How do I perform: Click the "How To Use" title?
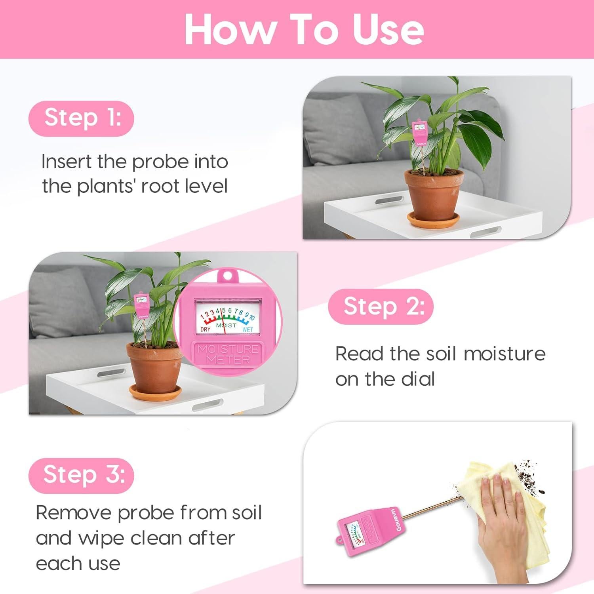304,29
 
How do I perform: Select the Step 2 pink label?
381,307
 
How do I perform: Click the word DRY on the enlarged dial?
206,329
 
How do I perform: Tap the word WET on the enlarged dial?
247,329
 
